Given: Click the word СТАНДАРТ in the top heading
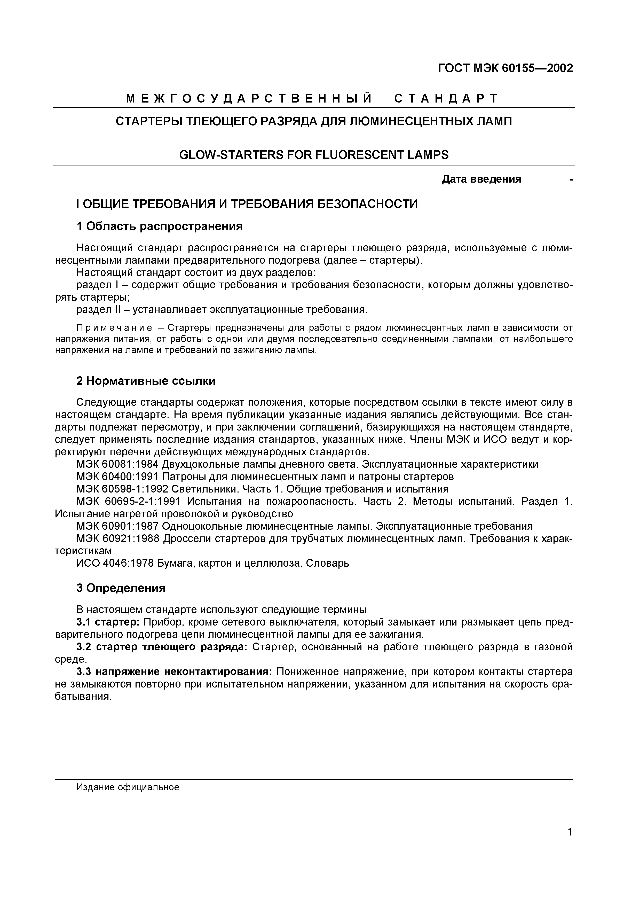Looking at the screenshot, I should (446, 99).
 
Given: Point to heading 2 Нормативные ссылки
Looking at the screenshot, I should (146, 381).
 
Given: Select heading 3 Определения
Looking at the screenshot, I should (121, 588).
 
